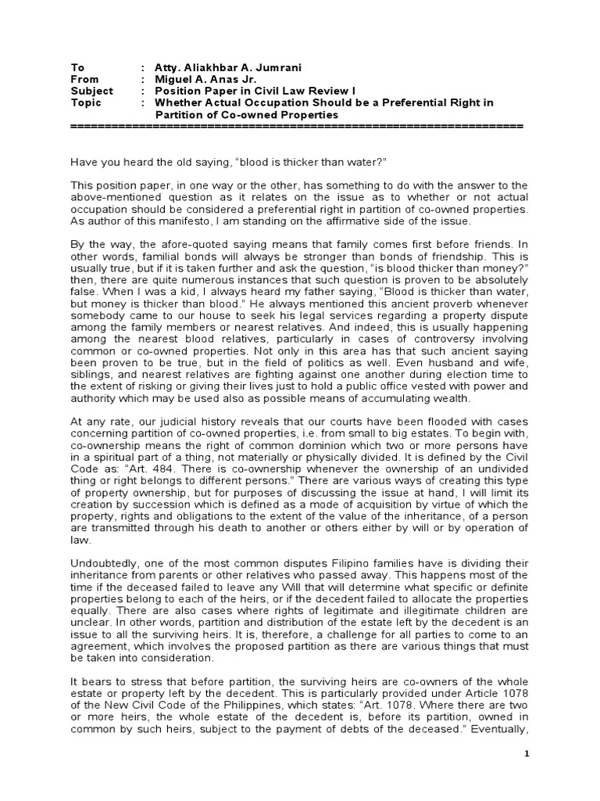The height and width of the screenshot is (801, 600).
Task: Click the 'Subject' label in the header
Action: [x=88, y=91]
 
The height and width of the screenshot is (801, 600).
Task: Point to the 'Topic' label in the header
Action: [x=84, y=102]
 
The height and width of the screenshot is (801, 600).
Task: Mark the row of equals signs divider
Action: [x=297, y=125]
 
